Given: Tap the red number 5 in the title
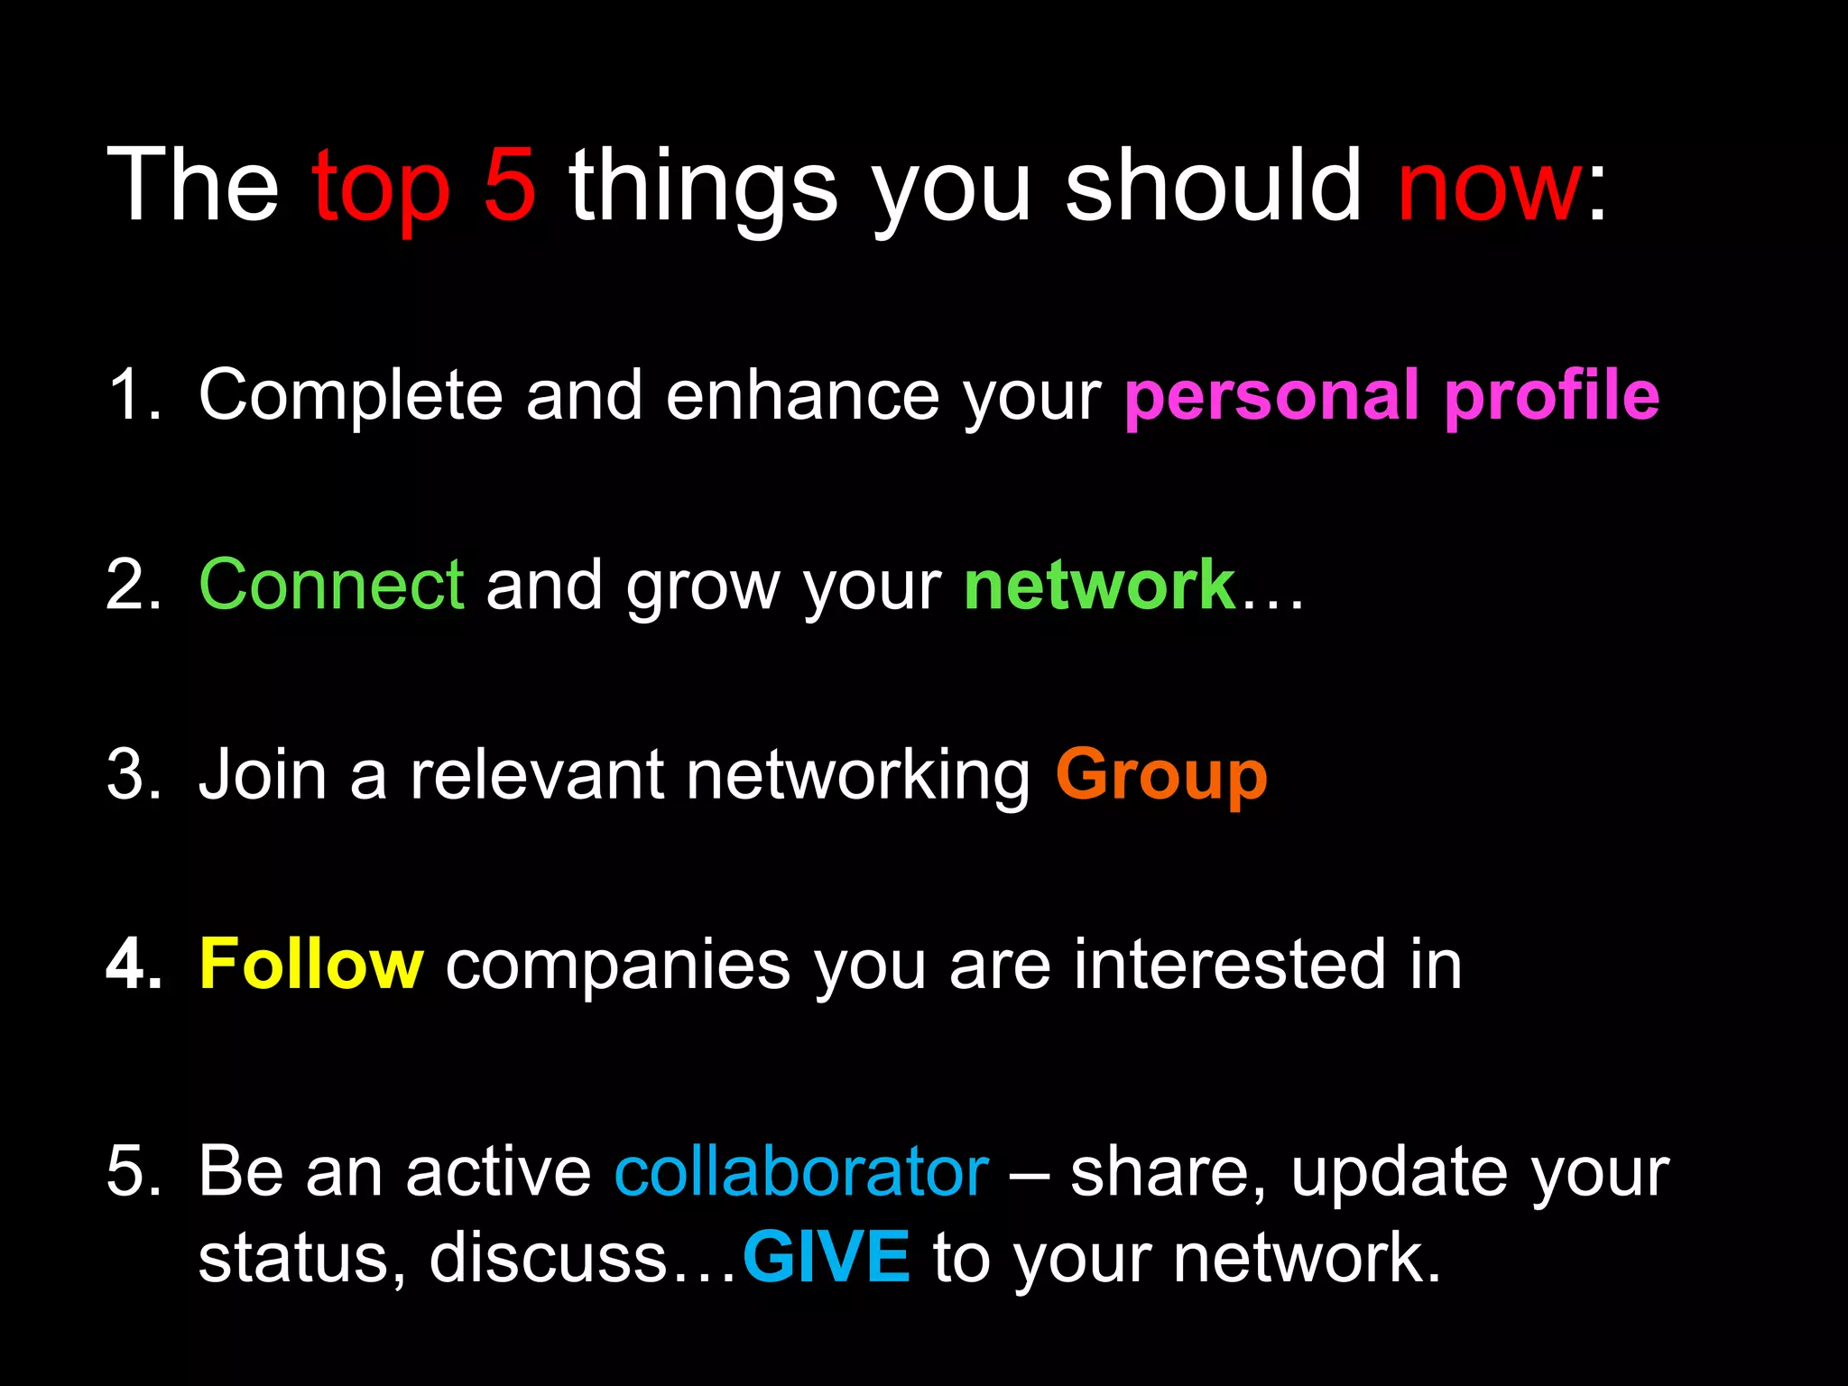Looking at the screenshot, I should click(x=510, y=184).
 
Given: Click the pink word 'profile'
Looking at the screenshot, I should click(x=1552, y=397).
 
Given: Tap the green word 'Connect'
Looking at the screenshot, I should click(x=331, y=586).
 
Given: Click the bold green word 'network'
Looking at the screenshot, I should click(x=1099, y=586).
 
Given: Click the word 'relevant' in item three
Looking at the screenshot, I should click(x=536, y=775).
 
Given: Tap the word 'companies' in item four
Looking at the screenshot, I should click(x=618, y=967).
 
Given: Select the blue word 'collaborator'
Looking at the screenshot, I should click(x=801, y=1172).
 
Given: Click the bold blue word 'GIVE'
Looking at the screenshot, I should click(x=826, y=1257).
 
